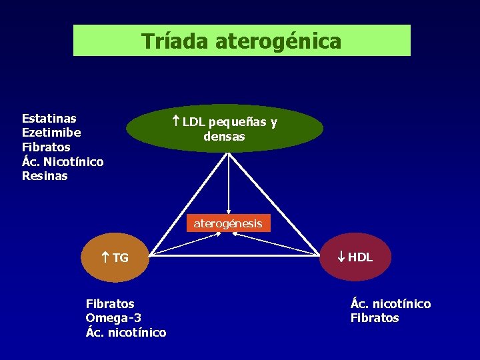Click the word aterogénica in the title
[278, 41]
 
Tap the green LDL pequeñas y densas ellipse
[225, 129]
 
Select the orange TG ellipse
[113, 257]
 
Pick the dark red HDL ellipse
[353, 257]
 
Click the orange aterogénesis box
[228, 223]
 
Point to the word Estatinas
[49, 118]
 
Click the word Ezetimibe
[51, 133]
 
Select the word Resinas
[45, 176]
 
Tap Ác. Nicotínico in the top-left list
[63, 161]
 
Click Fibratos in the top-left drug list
[46, 147]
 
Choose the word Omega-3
[113, 318]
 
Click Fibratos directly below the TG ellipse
[110, 303]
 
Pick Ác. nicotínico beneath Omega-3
[126, 332]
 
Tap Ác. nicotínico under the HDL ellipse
[391, 304]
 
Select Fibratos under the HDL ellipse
[375, 318]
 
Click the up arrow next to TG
[105, 257]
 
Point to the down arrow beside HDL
[341, 257]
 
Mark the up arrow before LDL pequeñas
[176, 121]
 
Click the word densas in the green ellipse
[225, 137]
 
